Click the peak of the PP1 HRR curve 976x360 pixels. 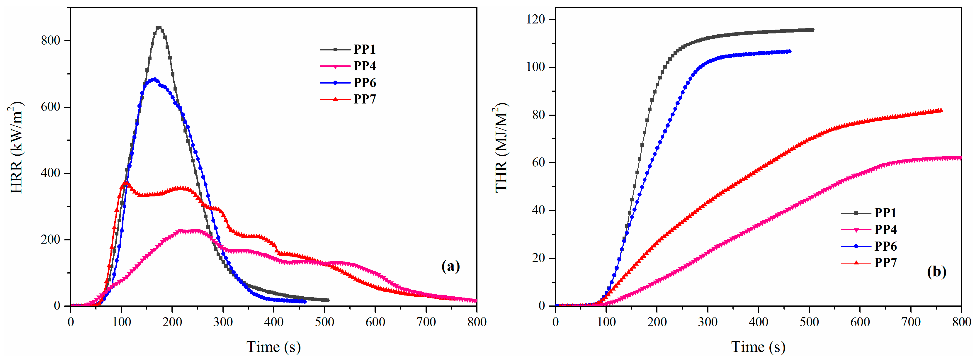click(x=159, y=28)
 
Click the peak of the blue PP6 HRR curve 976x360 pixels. click(x=154, y=79)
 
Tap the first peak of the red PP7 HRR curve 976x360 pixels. click(x=125, y=183)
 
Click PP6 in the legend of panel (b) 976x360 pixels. click(x=885, y=246)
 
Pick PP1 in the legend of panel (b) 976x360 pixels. click(x=885, y=213)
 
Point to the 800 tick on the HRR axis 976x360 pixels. click(x=51, y=40)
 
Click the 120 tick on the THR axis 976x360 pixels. click(x=535, y=19)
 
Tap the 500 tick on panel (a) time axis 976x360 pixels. click(x=324, y=322)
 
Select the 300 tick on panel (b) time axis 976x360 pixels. click(x=708, y=322)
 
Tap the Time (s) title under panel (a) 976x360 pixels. click(x=273, y=346)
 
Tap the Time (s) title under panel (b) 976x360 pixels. click(x=758, y=346)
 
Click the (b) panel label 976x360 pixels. click(x=936, y=272)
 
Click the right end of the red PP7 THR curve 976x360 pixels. click(x=941, y=110)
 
